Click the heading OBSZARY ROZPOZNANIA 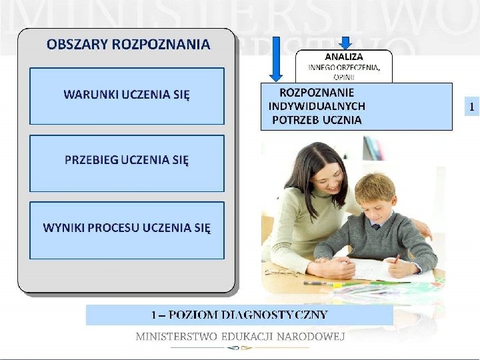tap(128, 45)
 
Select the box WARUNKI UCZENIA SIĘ tap(127, 95)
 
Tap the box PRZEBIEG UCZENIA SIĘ tap(127, 160)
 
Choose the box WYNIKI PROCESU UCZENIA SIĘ tap(127, 227)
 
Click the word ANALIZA tap(344, 56)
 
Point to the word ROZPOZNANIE tap(317, 93)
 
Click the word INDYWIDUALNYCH tap(317, 106)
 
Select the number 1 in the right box tap(471, 106)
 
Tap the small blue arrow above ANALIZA tap(345, 42)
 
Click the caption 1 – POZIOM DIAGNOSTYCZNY tap(239, 315)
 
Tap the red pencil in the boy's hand tap(396, 258)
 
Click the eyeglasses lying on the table tap(284, 272)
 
